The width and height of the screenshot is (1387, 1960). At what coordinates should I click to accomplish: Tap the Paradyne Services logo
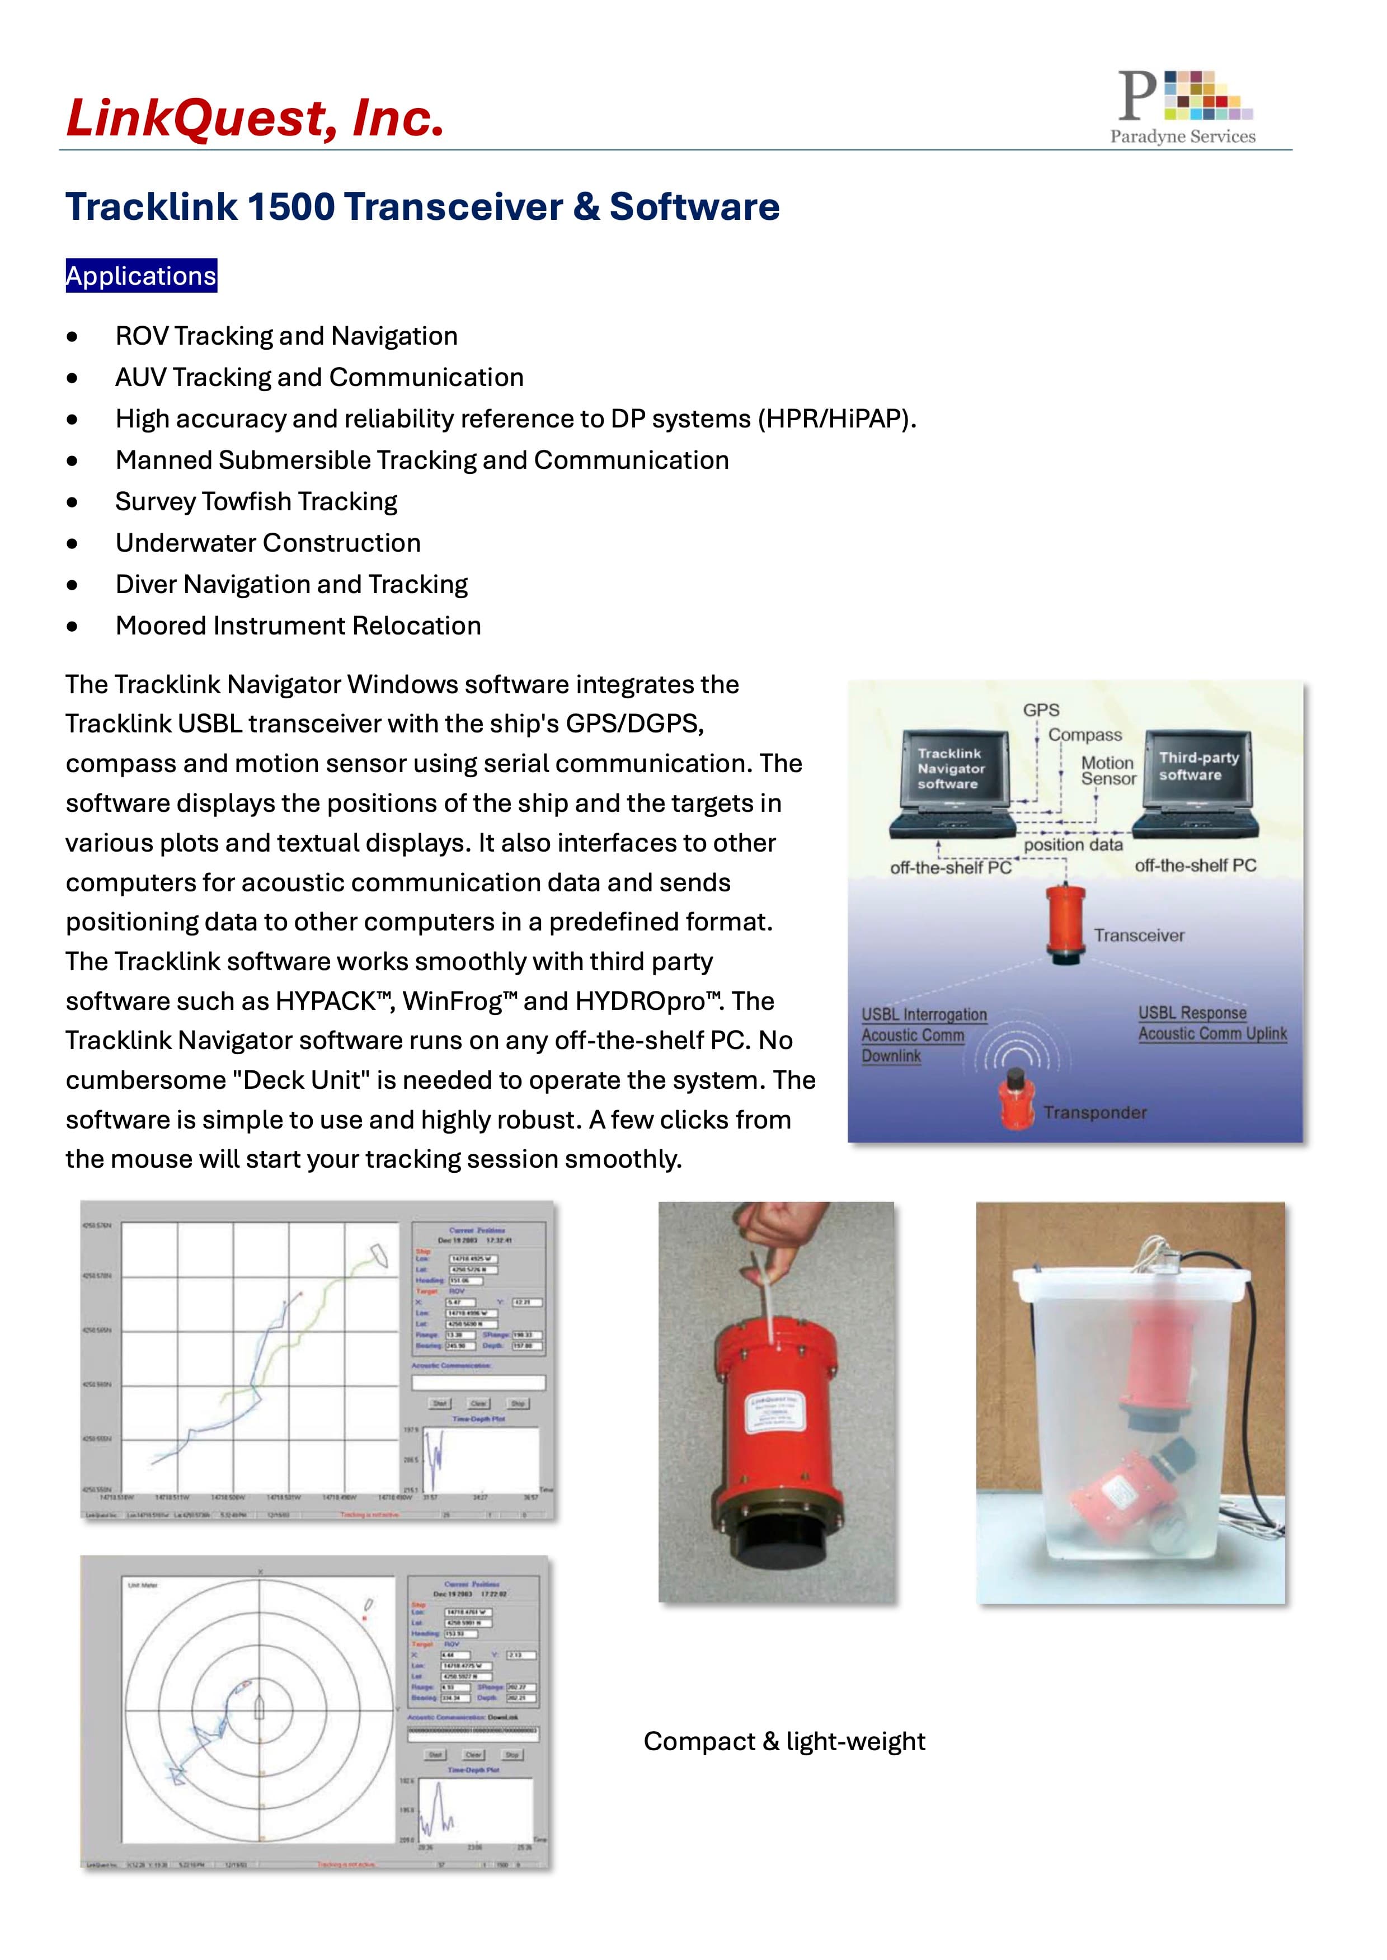point(1184,107)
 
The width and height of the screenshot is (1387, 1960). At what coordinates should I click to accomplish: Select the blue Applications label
point(141,276)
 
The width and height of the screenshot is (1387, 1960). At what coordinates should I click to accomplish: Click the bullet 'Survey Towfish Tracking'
point(256,501)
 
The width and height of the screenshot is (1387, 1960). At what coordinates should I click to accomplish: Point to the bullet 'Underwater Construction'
point(267,543)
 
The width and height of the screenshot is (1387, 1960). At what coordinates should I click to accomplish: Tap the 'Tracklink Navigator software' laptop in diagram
point(951,782)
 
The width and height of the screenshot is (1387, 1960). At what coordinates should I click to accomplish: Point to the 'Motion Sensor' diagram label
point(1108,770)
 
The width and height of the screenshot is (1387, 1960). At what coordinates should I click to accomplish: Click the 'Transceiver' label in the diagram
point(1139,935)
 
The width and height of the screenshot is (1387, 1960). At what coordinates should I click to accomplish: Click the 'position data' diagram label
point(1073,845)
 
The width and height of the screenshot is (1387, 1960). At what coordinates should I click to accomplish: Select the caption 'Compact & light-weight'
point(783,1741)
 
